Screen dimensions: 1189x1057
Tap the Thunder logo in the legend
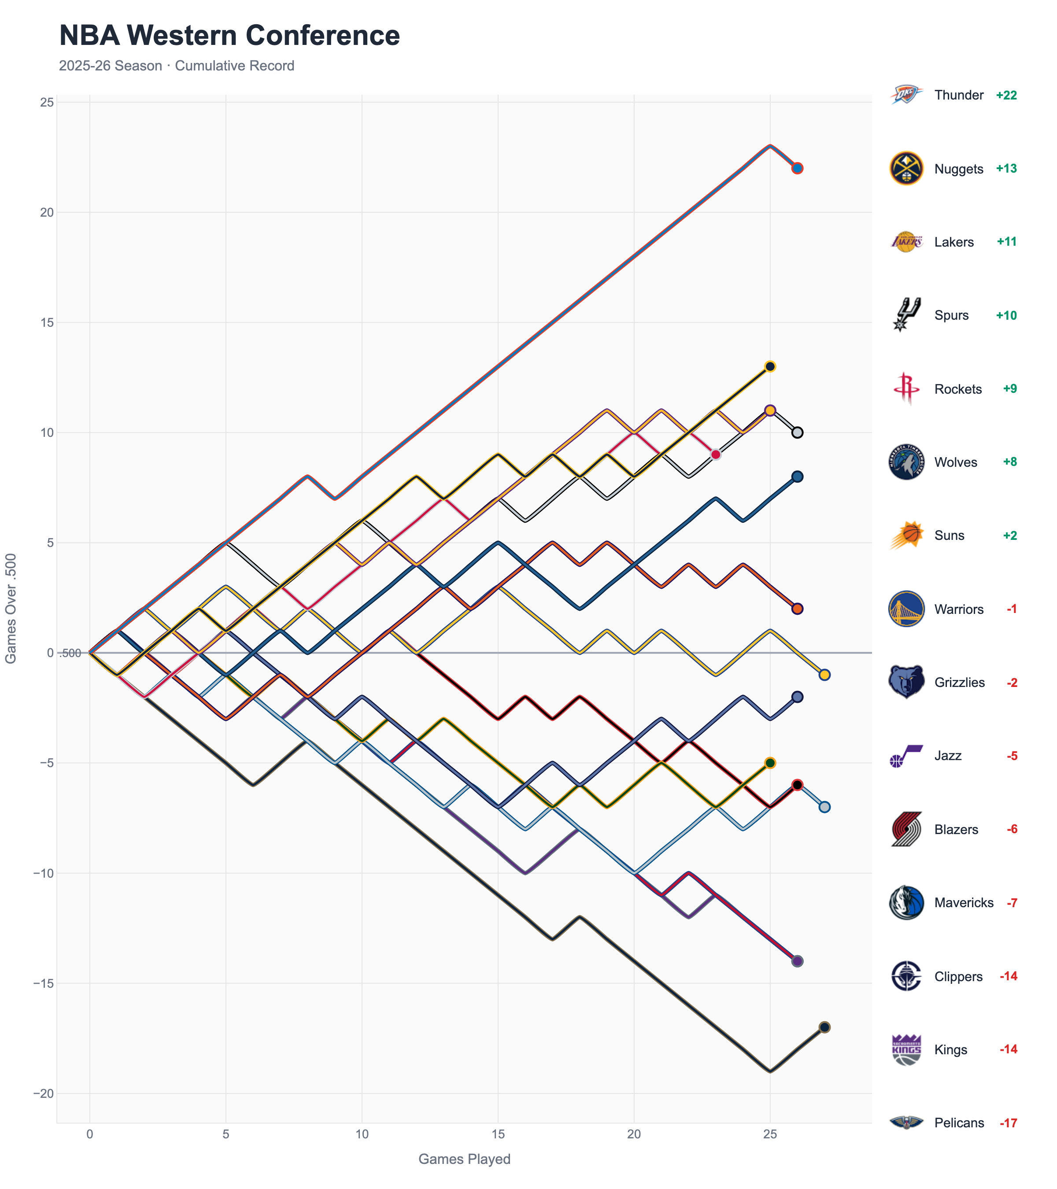click(x=906, y=95)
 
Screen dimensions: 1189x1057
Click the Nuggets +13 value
click(x=1006, y=169)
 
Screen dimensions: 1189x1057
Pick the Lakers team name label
click(x=954, y=242)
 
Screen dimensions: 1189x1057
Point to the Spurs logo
click(x=906, y=315)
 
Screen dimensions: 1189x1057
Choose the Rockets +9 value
click(x=1009, y=388)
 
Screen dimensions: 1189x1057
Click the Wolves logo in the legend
click(x=906, y=462)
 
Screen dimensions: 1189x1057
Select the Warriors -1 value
click(x=1012, y=609)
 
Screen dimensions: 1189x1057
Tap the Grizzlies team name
click(x=959, y=682)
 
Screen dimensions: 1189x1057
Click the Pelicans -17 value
click(x=1008, y=1123)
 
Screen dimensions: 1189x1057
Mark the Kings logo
click(x=906, y=1049)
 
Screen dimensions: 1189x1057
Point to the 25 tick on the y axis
click(x=47, y=102)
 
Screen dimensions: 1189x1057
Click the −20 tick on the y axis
click(x=43, y=1093)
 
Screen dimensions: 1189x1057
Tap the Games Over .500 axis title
click(x=11, y=608)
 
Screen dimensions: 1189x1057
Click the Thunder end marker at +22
click(x=797, y=168)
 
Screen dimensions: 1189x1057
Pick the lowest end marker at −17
click(x=824, y=1027)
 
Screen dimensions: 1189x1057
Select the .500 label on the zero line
click(x=71, y=653)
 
